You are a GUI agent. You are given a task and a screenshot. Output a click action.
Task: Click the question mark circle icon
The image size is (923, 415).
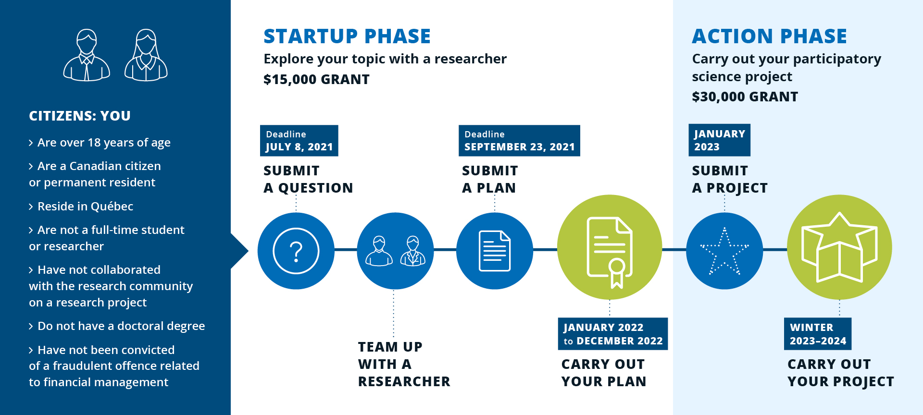click(296, 251)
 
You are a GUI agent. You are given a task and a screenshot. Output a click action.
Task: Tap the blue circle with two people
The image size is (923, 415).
click(395, 251)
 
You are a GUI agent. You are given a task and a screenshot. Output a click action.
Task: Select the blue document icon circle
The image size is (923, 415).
click(495, 251)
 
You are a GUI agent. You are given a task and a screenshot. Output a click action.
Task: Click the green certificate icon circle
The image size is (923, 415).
click(610, 247)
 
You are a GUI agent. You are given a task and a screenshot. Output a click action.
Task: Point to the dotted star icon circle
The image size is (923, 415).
click(724, 251)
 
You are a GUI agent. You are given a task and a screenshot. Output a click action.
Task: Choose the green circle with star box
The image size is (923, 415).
click(839, 247)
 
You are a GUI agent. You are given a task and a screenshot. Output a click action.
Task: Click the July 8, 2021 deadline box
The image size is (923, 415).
click(299, 141)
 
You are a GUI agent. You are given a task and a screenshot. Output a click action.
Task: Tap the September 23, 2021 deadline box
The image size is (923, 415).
click(519, 141)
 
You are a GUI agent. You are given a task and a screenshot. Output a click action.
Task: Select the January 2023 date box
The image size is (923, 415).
click(719, 140)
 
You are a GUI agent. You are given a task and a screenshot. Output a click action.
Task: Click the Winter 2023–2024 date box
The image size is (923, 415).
click(818, 334)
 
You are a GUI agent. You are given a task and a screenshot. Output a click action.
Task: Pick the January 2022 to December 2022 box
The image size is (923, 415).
click(613, 334)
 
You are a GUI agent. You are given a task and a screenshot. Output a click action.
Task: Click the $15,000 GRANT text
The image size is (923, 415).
click(316, 79)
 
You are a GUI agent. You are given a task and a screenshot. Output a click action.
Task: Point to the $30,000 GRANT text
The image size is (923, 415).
click(745, 97)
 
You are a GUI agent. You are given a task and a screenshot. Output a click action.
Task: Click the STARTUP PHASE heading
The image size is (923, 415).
click(347, 37)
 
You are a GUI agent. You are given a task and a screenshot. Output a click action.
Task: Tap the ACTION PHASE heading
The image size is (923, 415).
click(769, 37)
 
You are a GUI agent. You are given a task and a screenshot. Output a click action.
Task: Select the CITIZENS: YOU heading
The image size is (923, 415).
click(80, 116)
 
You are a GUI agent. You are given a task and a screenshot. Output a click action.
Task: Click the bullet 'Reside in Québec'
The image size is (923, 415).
click(81, 207)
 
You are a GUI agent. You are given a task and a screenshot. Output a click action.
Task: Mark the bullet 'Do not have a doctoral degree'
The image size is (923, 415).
click(117, 326)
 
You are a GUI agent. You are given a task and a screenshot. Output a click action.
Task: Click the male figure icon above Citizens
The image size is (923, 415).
click(87, 55)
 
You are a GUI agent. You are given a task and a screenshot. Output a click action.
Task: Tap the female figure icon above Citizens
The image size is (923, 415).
click(146, 55)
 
